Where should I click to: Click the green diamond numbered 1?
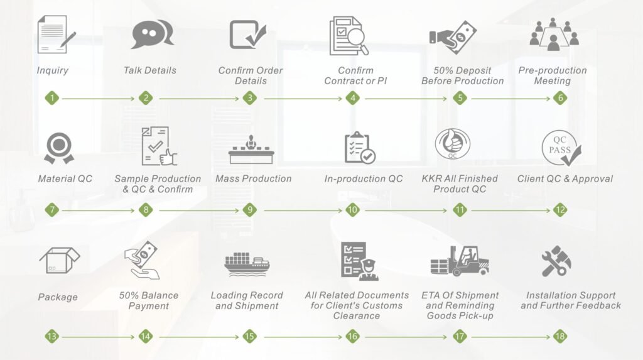point(52,98)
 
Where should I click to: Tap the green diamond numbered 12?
point(560,210)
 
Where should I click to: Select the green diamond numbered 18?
point(560,337)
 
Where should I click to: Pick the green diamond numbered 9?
point(250,210)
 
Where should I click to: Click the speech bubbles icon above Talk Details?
point(153,35)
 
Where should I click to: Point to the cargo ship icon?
point(247,264)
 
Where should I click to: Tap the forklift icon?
point(460,261)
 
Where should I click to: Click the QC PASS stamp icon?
point(561,148)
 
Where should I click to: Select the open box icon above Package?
point(60,260)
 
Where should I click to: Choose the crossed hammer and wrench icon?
point(556,261)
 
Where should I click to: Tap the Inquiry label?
point(53,70)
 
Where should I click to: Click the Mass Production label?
point(254,178)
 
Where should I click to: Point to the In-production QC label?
point(364,178)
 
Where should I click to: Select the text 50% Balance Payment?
point(149,300)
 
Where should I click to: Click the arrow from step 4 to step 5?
point(406,99)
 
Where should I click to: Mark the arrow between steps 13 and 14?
point(98,337)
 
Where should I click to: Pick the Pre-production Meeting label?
point(553,75)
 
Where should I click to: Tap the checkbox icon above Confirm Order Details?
point(247,35)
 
